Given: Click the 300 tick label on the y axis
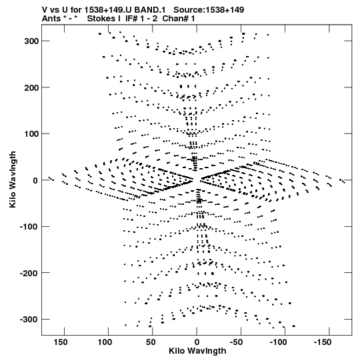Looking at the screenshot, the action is [x=31, y=41].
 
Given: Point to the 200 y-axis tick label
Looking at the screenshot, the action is [x=31, y=87].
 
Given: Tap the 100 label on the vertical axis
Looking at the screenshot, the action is [x=31, y=133].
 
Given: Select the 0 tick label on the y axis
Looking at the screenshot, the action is [x=35, y=180].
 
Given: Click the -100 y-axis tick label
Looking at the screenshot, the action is [x=29, y=227].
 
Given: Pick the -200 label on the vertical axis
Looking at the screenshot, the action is [x=29, y=273].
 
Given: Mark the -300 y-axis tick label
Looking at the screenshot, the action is [x=29, y=320].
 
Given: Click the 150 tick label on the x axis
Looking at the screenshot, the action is [x=61, y=342].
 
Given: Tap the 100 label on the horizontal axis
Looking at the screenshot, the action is [x=105, y=342].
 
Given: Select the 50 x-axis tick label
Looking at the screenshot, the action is [x=151, y=342].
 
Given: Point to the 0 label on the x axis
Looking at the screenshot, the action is [x=197, y=342].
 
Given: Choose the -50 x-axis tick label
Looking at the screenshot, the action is [x=237, y=342].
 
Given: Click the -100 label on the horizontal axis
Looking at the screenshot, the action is [x=279, y=342].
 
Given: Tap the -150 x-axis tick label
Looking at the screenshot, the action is [x=323, y=342].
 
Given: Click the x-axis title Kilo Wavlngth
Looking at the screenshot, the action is [x=197, y=351].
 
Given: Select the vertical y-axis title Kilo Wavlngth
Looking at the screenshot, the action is [x=13, y=179].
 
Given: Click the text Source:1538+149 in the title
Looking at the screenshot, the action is [x=209, y=10].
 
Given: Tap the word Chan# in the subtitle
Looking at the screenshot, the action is [x=175, y=19].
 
